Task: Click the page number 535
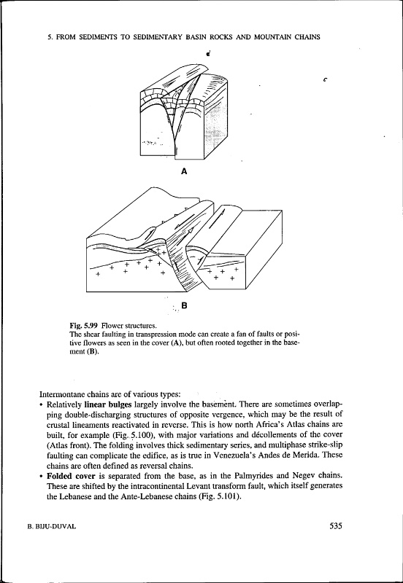coord(336,525)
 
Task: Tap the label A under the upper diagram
coord(183,171)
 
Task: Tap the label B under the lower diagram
coord(184,305)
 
